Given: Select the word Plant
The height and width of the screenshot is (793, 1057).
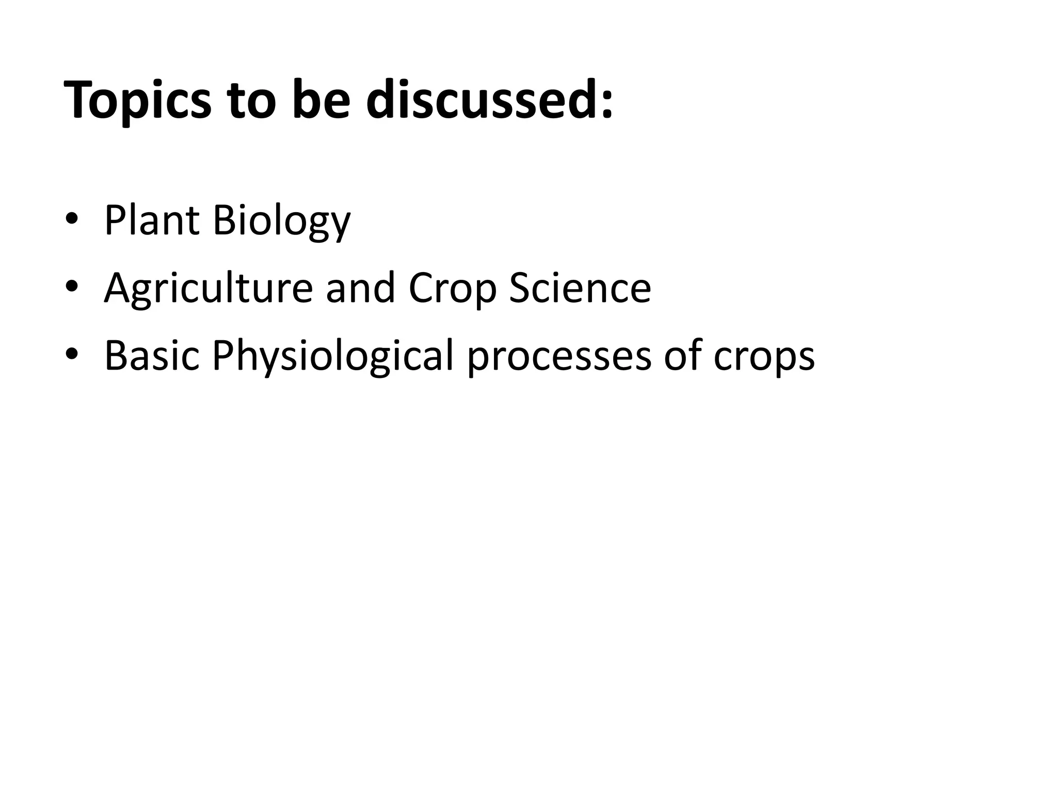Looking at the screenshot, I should point(152,220).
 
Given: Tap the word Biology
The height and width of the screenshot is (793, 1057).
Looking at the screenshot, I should point(281,222).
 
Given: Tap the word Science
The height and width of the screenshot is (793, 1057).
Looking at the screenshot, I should point(580,288).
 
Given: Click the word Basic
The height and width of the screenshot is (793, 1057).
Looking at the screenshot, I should point(152,355).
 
